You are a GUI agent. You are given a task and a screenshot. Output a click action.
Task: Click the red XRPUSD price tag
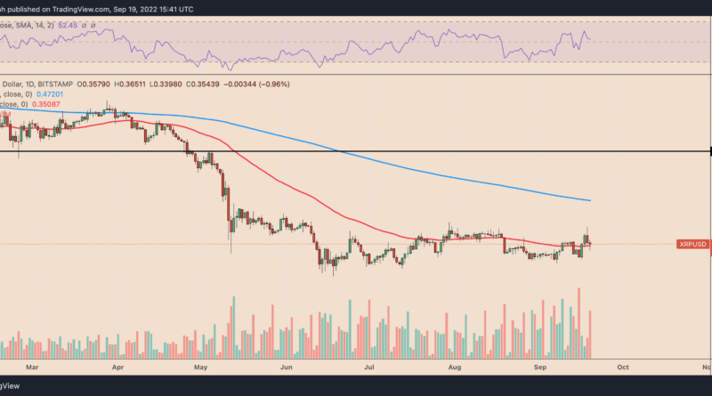692,244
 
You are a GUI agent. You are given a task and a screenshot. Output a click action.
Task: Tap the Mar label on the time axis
33,365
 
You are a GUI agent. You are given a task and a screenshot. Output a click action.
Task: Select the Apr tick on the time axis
118,365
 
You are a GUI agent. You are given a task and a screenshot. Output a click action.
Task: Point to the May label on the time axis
201,365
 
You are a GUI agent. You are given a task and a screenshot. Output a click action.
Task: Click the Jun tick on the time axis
287,365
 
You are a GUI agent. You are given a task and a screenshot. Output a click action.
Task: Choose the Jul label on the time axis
368,365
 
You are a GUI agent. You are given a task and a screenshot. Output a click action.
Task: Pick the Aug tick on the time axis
454,365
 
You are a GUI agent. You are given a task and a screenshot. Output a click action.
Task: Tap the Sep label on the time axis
539,365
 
